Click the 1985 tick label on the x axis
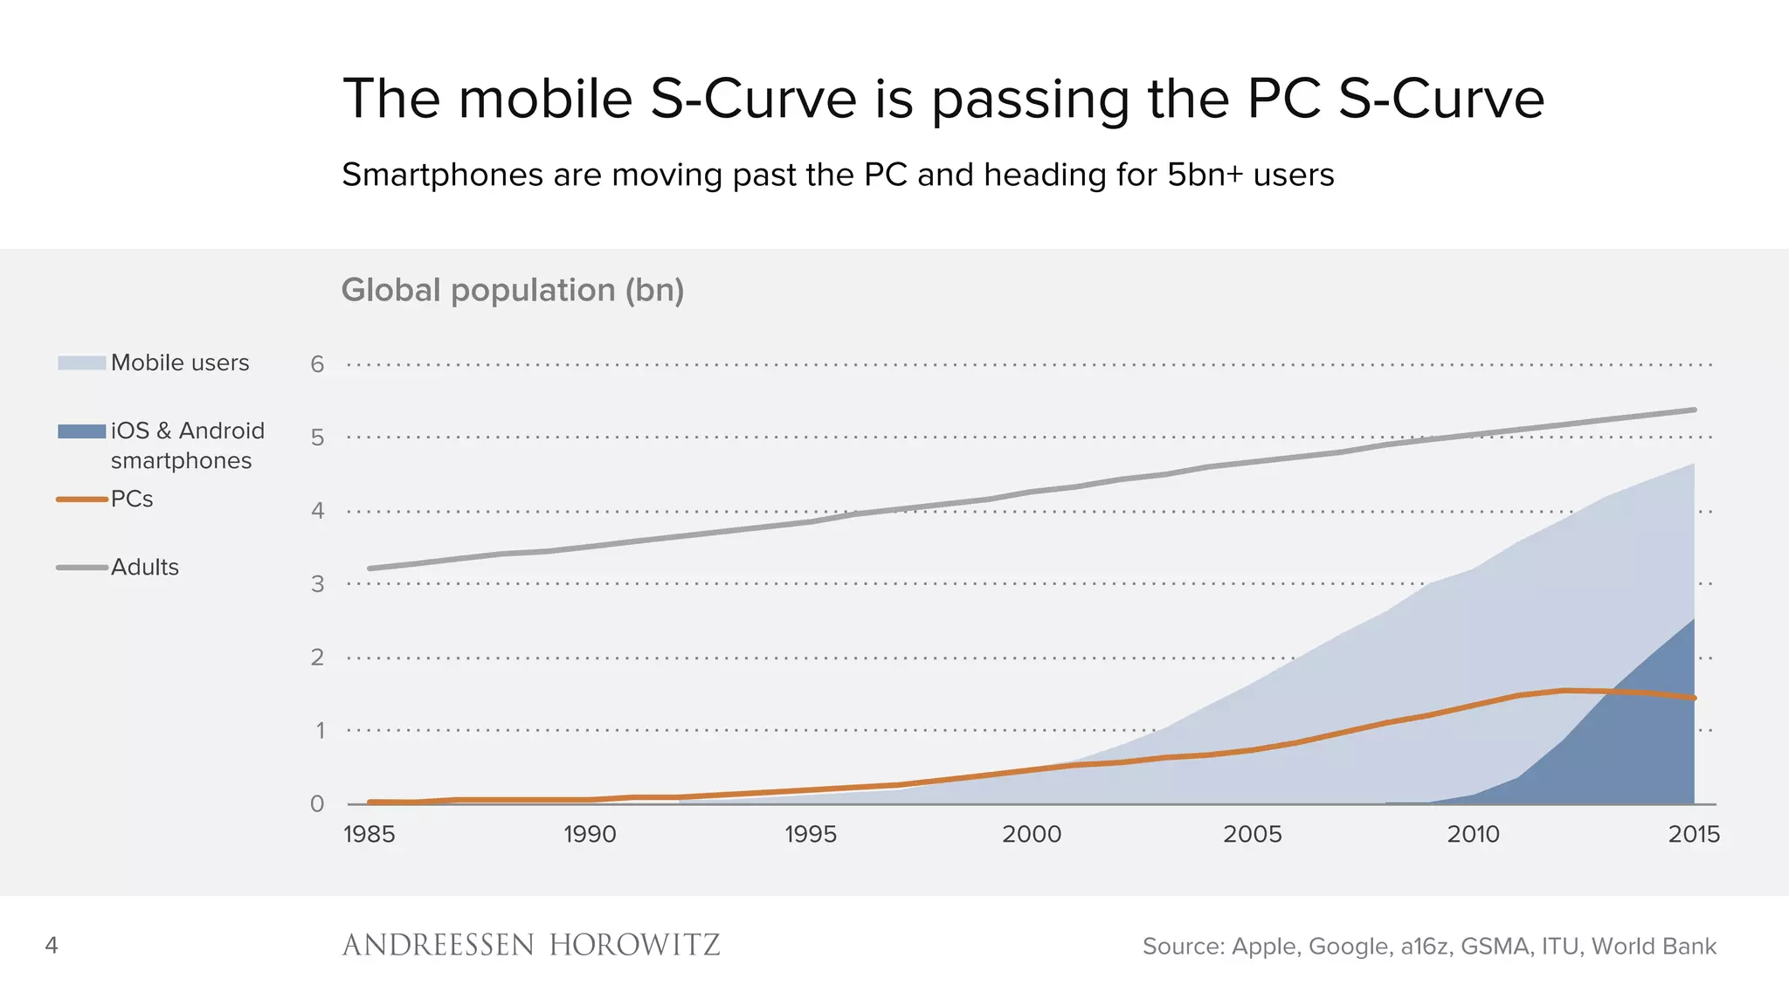click(x=369, y=834)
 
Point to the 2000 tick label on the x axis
click(x=1032, y=834)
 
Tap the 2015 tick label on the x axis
click(x=1694, y=834)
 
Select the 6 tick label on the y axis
click(x=317, y=364)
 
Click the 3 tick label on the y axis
click(x=317, y=583)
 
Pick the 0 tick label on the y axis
click(x=317, y=803)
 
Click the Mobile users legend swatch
click(x=81, y=362)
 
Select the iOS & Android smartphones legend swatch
click(x=81, y=431)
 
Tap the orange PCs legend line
click(x=81, y=500)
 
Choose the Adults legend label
click(x=145, y=568)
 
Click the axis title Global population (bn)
click(x=512, y=290)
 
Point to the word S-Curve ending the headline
click(x=1441, y=98)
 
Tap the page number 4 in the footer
click(x=52, y=945)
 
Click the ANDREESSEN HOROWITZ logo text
click(x=530, y=945)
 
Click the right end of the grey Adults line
click(x=1694, y=410)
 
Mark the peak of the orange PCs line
click(x=1565, y=691)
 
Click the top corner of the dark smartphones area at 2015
click(x=1693, y=620)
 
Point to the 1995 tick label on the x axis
click(x=810, y=834)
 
